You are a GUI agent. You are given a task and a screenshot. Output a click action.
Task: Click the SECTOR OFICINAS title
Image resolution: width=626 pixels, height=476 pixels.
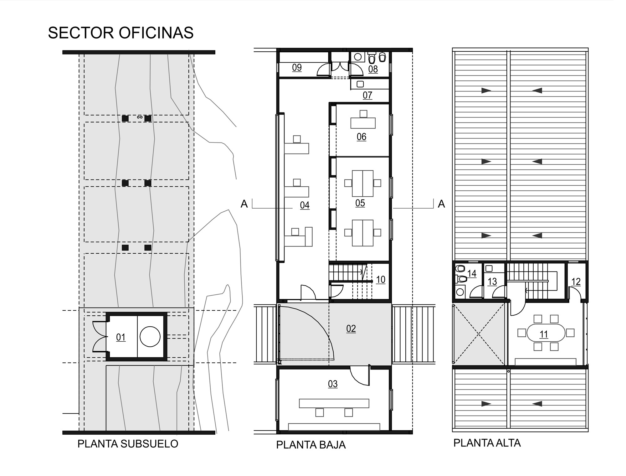pyautogui.click(x=121, y=33)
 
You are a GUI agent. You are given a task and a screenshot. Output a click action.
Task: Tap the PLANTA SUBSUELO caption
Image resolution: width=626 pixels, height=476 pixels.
pyautogui.click(x=128, y=444)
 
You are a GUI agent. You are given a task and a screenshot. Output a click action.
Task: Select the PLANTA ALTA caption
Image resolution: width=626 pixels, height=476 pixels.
pyautogui.click(x=487, y=443)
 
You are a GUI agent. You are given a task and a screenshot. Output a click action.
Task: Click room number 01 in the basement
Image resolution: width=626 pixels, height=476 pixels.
pyautogui.click(x=121, y=337)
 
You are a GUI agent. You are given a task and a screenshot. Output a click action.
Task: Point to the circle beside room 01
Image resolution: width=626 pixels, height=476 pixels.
pyautogui.click(x=150, y=337)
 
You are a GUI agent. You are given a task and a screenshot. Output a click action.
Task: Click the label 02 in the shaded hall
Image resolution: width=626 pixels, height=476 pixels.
pyautogui.click(x=351, y=329)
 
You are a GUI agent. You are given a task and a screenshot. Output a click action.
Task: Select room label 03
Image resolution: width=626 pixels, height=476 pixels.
pyautogui.click(x=333, y=384)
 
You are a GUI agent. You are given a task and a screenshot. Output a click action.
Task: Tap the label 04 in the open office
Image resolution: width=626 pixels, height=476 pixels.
pyautogui.click(x=305, y=205)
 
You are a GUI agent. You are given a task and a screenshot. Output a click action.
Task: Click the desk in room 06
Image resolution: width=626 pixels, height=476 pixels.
pyautogui.click(x=363, y=123)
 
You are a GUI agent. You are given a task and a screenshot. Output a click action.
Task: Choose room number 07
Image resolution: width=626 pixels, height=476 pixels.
pyautogui.click(x=367, y=95)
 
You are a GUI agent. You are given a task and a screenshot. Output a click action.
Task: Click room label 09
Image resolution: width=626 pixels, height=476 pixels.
pyautogui.click(x=297, y=67)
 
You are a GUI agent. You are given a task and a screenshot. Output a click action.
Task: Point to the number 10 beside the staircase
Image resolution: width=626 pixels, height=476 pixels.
pyautogui.click(x=380, y=280)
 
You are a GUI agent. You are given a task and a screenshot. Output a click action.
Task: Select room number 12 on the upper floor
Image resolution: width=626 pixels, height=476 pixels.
pyautogui.click(x=576, y=282)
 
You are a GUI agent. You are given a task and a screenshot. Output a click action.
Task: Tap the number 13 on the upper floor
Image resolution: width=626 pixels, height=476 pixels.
pyautogui.click(x=492, y=282)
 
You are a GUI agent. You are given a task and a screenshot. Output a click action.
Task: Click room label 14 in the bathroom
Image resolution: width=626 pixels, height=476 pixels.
pyautogui.click(x=472, y=274)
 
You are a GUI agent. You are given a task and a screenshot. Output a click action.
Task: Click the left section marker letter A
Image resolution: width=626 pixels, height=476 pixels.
pyautogui.click(x=244, y=204)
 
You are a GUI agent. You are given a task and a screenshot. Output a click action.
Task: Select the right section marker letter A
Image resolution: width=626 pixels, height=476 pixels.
pyautogui.click(x=441, y=204)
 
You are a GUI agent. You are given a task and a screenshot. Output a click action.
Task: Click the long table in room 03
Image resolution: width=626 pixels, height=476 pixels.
pyautogui.click(x=334, y=403)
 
